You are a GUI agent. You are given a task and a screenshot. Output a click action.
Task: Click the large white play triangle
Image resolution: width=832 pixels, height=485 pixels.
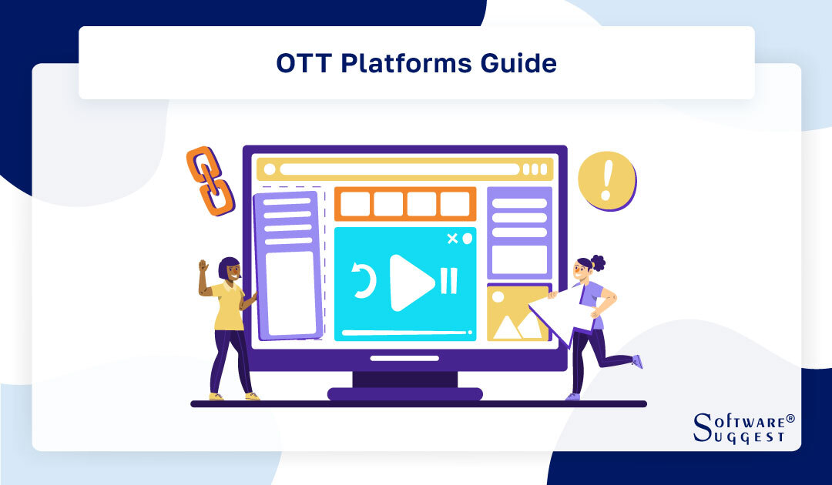(411, 283)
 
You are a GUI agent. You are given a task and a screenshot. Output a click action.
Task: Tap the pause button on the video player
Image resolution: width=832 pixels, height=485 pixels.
(449, 281)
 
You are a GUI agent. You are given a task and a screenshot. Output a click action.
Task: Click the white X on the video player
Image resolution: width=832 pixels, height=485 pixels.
(452, 239)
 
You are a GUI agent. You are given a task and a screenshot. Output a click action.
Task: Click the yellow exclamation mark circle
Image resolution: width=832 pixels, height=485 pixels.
(607, 180)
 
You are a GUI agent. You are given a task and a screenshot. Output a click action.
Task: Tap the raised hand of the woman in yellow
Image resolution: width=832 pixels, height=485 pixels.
(203, 266)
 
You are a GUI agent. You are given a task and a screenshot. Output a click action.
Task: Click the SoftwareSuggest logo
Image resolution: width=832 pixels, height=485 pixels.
(743, 427)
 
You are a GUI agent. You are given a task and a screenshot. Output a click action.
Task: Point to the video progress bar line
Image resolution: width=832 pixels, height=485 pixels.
(404, 333)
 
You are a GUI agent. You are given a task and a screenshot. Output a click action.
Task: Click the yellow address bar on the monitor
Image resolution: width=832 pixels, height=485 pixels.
(404, 169)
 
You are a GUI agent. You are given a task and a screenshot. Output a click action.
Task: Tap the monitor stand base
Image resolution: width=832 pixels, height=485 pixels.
(404, 393)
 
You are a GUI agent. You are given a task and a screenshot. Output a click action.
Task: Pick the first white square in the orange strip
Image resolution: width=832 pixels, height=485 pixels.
(355, 204)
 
